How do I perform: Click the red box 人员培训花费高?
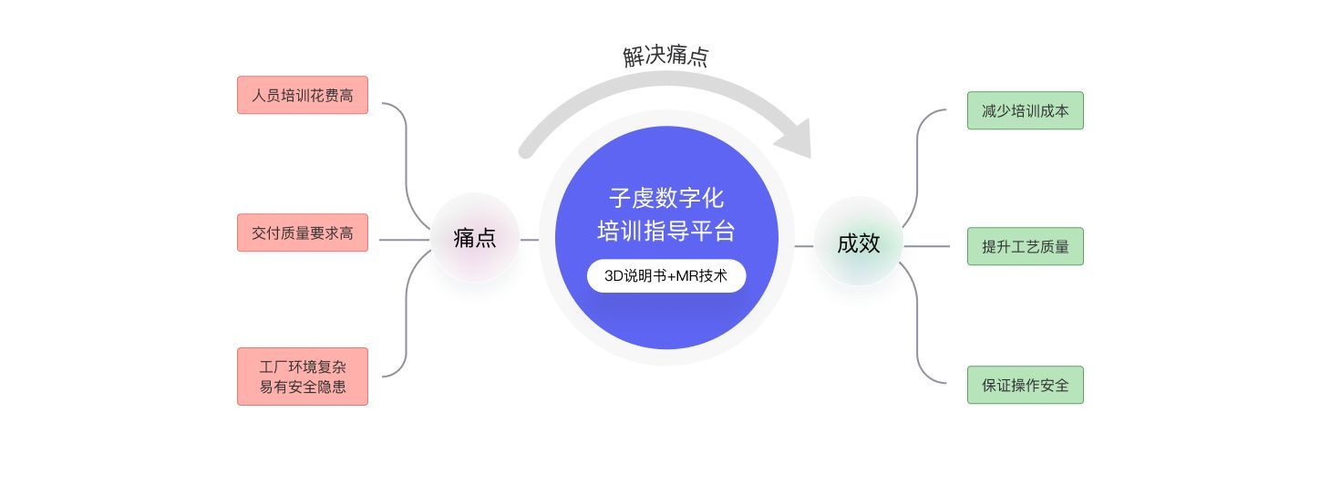pos(302,95)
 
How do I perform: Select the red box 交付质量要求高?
pos(302,232)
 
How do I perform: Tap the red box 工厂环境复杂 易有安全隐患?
pos(302,376)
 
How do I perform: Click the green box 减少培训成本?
pos(1025,110)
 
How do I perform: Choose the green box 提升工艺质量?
pos(1025,246)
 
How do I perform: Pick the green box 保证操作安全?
pos(1025,385)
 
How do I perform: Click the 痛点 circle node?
pos(475,238)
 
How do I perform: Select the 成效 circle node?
pos(858,242)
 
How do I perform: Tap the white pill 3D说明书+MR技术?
pos(665,275)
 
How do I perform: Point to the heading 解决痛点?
pos(665,57)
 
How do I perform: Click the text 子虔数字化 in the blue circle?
pos(665,199)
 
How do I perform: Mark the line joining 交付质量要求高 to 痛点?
pos(401,240)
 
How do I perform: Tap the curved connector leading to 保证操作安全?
pos(918,328)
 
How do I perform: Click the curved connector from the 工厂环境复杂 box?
pos(406,319)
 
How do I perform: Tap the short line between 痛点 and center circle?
pos(529,240)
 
